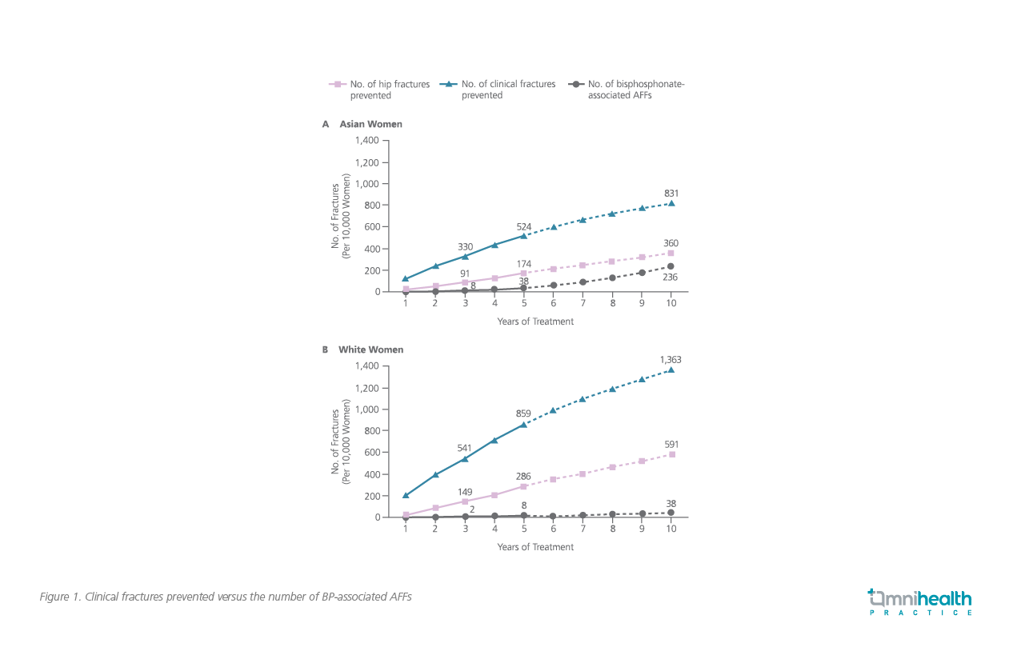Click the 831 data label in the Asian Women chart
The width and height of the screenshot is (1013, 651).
671,194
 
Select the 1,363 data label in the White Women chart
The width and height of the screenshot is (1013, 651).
671,360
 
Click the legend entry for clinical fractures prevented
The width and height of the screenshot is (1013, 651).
498,90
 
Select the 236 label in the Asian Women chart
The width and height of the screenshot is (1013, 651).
671,278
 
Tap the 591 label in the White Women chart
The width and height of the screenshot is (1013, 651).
671,444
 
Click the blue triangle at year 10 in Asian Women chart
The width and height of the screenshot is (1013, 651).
671,203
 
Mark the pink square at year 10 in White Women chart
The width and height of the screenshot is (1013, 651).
671,454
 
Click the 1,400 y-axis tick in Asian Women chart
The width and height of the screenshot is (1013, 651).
366,140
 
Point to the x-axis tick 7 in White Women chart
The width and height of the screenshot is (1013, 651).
582,529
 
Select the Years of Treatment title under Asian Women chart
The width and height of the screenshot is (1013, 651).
535,322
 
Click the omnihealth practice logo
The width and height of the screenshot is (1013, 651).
920,602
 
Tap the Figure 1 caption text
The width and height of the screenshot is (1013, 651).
226,597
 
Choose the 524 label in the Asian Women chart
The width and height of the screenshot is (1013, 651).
524,226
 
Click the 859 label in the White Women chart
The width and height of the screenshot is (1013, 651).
524,413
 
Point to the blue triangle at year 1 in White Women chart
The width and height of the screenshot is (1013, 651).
406,496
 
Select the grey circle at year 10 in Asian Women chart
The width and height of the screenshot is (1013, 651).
671,266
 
